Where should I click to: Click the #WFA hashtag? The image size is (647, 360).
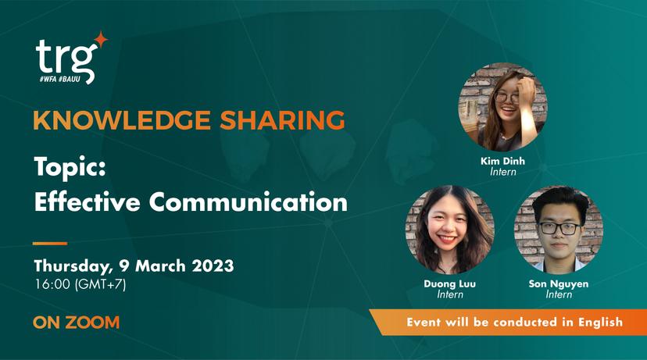(48, 79)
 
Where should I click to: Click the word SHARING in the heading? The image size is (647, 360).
(282, 120)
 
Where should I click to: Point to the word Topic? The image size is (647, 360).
(70, 166)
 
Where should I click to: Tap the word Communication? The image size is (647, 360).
(248, 201)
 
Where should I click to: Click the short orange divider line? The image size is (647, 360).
(50, 244)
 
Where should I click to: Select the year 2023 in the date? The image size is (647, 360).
(213, 266)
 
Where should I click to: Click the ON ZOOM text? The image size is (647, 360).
(77, 323)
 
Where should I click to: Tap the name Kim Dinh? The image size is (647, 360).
(502, 161)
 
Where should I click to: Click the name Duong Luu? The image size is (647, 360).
(450, 283)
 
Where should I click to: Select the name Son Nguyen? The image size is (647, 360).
(559, 283)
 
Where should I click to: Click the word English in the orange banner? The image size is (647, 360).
(600, 322)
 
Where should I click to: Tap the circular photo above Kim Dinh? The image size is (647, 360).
(503, 107)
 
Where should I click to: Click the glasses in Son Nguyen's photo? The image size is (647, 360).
(560, 229)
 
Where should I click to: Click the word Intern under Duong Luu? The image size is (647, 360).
(450, 294)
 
